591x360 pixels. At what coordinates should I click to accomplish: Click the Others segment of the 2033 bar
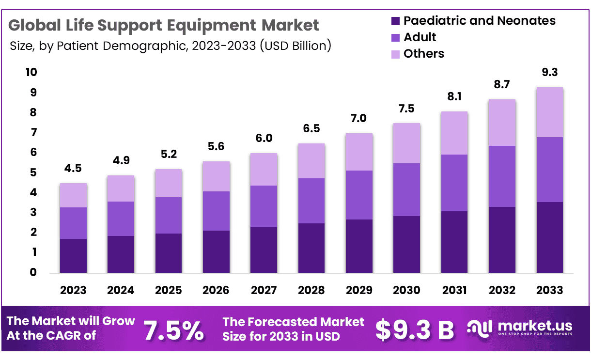click(x=549, y=112)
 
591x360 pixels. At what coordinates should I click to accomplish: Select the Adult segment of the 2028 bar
click(x=311, y=201)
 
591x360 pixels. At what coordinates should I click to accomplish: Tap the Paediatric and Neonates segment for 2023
click(x=73, y=255)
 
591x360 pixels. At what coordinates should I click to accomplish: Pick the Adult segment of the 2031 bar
click(x=454, y=183)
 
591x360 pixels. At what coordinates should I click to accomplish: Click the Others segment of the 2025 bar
click(x=168, y=183)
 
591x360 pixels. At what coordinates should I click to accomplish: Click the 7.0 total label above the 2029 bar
click(x=358, y=119)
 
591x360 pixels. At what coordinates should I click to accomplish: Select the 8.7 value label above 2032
click(x=502, y=85)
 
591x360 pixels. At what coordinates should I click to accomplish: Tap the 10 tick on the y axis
click(x=31, y=72)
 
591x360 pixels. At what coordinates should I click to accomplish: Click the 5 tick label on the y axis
click(x=33, y=172)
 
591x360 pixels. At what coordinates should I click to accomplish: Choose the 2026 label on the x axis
click(x=216, y=290)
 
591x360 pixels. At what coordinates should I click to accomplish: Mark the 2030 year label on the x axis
click(x=406, y=290)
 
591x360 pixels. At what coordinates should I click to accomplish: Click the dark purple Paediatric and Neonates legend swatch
click(x=395, y=21)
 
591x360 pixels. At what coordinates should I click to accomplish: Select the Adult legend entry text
click(x=420, y=37)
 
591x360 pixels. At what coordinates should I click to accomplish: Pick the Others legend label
click(x=424, y=53)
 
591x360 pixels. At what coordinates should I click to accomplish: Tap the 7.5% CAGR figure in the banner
click(x=174, y=329)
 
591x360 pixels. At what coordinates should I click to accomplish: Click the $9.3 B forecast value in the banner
click(x=415, y=329)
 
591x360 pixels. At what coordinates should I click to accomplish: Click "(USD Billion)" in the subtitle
click(x=295, y=46)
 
